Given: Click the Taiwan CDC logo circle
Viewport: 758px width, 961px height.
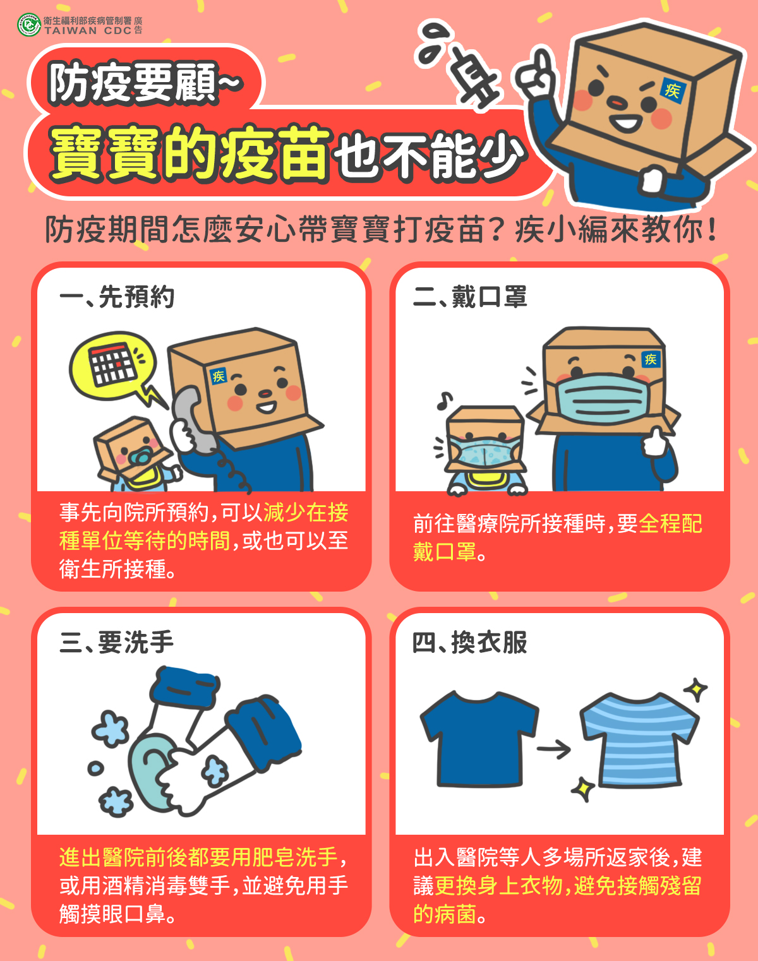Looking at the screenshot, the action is (29, 25).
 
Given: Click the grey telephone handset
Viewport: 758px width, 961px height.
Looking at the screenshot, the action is (193, 421).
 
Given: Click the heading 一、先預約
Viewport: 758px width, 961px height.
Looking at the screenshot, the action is (117, 297).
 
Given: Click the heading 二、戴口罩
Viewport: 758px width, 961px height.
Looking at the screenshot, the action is (471, 297).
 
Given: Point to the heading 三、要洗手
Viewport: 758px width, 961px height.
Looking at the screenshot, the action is (117, 642).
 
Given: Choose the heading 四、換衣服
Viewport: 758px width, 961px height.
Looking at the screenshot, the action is (471, 642).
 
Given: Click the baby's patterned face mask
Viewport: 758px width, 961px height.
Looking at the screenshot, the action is (484, 451).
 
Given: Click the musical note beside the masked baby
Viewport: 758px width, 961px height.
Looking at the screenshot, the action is (445, 400).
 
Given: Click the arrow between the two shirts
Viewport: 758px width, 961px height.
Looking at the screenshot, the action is (554, 749).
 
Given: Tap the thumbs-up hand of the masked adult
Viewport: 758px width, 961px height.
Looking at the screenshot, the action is (655, 441).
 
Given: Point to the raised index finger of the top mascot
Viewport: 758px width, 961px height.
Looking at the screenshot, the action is (544, 63).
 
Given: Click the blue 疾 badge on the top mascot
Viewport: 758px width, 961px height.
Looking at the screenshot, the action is (672, 90).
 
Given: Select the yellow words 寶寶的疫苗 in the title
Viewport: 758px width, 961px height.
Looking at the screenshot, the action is (190, 154).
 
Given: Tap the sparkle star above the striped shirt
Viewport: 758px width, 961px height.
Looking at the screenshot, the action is (696, 690).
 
